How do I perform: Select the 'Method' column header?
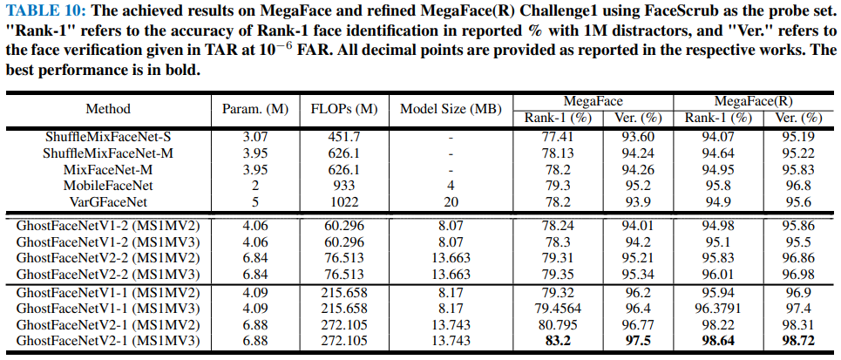click(108, 109)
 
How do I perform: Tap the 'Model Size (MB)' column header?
click(451, 109)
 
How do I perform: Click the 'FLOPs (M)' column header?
click(343, 109)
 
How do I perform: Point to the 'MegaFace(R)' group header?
click(754, 101)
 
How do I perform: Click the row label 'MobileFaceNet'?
click(108, 186)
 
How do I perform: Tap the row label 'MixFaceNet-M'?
click(108, 170)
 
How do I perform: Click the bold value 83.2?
click(559, 340)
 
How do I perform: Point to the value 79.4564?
click(559, 309)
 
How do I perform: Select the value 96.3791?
click(716, 309)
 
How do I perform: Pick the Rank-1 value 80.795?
click(559, 324)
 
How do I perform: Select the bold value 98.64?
click(716, 340)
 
